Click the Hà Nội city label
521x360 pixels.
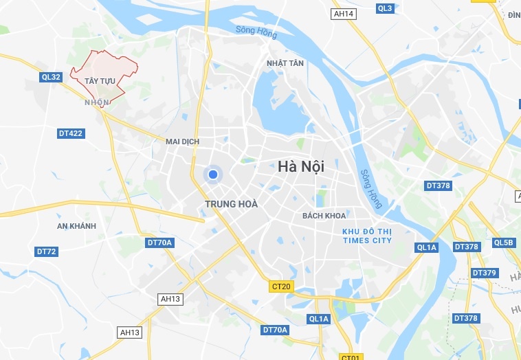301,166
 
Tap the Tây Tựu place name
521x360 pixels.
100,81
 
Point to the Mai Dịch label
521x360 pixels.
182,142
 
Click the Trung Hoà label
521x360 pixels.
231,204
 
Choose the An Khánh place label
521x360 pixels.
76,226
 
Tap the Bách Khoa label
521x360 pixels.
324,216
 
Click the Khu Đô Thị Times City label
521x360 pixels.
367,236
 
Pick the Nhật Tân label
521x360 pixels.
285,63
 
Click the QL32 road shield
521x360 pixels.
51,77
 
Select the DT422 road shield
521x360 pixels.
70,133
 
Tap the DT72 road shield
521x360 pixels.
46,251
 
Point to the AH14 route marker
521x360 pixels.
343,14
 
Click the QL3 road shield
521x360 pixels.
385,8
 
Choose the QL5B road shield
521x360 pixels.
503,243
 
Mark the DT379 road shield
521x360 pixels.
484,273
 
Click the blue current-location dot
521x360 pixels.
213,175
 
